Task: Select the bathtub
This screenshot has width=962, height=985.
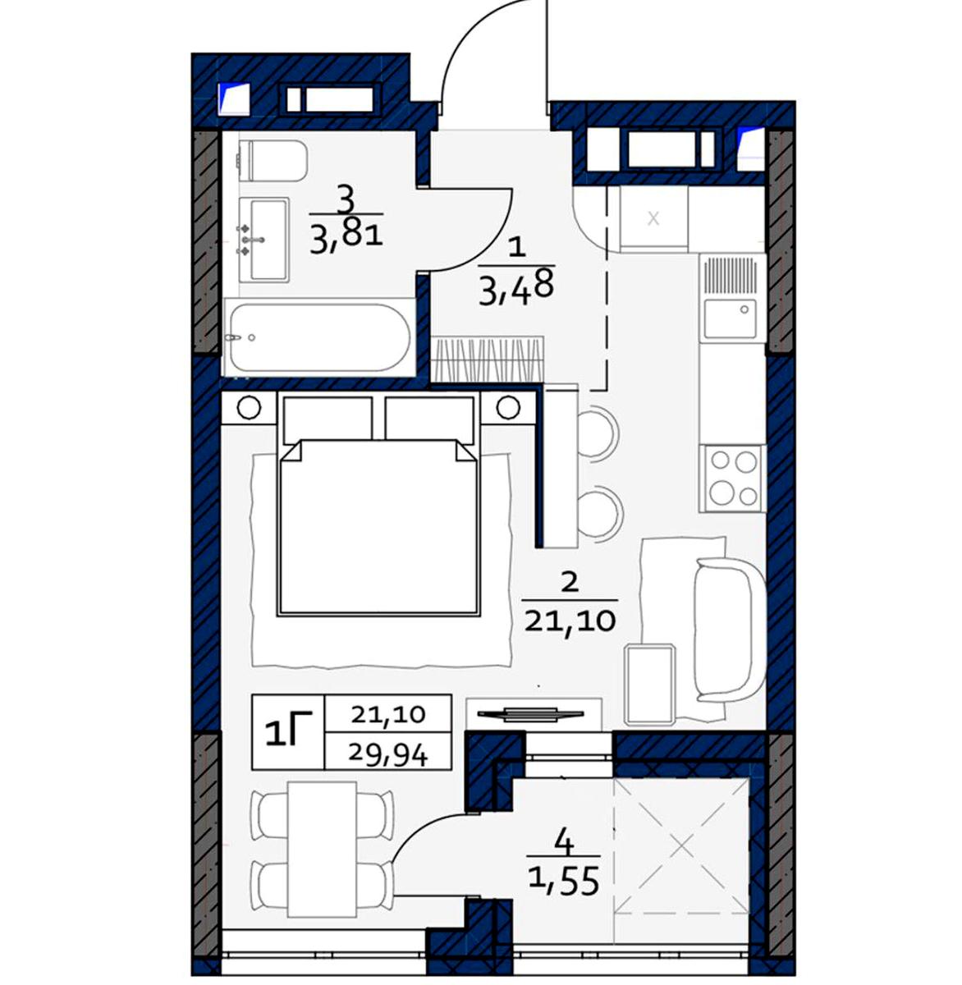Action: click(x=319, y=337)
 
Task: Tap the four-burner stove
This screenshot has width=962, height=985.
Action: click(x=732, y=479)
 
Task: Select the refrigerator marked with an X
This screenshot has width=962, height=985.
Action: click(x=654, y=220)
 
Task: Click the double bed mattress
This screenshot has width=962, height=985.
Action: click(x=378, y=527)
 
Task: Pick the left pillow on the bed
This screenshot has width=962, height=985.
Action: click(x=328, y=419)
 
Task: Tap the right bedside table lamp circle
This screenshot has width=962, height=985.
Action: click(x=508, y=407)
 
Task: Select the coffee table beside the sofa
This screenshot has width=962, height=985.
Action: click(x=650, y=683)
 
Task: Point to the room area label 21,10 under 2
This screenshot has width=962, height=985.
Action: click(x=570, y=621)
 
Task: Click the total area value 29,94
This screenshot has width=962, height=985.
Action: click(x=388, y=756)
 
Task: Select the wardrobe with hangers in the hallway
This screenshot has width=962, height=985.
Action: click(x=488, y=359)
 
